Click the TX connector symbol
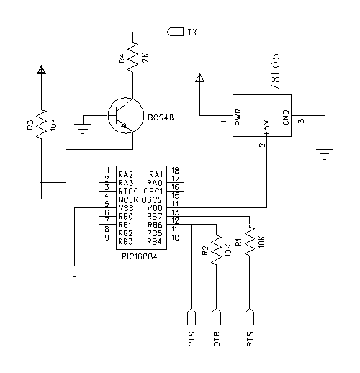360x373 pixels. pyautogui.click(x=175, y=32)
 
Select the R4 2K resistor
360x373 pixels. pyautogui.click(x=132, y=57)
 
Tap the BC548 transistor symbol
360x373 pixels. pyautogui.click(x=126, y=115)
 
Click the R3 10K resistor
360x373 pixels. pyautogui.click(x=41, y=124)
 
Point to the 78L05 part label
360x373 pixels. pyautogui.click(x=275, y=71)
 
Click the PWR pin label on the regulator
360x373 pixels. pyautogui.click(x=238, y=117)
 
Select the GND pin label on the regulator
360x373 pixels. pyautogui.click(x=286, y=117)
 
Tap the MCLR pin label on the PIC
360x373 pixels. pyautogui.click(x=128, y=199)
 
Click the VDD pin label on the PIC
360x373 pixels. pyautogui.click(x=155, y=208)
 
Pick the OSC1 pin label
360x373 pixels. pyautogui.click(x=153, y=192)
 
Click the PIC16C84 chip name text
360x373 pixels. pyautogui.click(x=140, y=256)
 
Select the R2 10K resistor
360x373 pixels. pyautogui.click(x=217, y=250)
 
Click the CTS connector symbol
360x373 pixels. pyautogui.click(x=192, y=317)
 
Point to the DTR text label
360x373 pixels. pyautogui.click(x=217, y=339)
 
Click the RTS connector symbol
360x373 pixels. pyautogui.click(x=250, y=317)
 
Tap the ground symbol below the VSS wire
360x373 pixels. pyautogui.click(x=75, y=271)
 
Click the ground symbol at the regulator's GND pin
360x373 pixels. pyautogui.click(x=325, y=154)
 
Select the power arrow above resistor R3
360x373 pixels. pyautogui.click(x=41, y=70)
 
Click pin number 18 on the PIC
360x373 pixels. pyautogui.click(x=176, y=170)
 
